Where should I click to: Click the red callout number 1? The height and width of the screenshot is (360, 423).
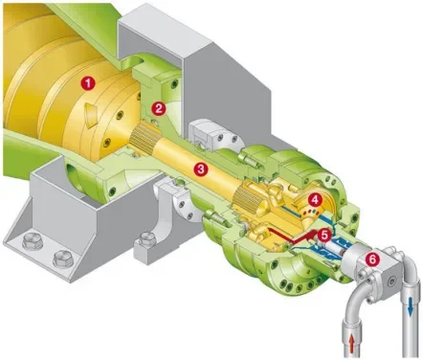(88, 84)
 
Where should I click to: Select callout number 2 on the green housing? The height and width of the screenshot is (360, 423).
(159, 108)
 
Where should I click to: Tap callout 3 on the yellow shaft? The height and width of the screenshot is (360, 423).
(201, 169)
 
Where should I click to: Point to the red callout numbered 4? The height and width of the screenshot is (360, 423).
(315, 200)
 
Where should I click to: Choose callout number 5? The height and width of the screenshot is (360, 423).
(324, 236)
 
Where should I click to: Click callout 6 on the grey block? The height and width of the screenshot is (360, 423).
(372, 259)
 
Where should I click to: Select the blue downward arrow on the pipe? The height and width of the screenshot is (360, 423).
(411, 308)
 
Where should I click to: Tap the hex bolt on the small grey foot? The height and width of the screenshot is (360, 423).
(146, 238)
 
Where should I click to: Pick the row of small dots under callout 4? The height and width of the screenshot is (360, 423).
(310, 212)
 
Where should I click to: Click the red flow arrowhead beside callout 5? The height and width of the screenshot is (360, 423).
(311, 236)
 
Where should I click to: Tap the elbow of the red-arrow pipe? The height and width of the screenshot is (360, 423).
(357, 299)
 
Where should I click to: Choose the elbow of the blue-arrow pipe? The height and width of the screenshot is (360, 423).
(404, 259)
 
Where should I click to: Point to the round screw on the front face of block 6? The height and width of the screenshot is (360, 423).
(392, 281)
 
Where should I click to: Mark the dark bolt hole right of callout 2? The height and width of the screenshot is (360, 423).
(174, 84)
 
